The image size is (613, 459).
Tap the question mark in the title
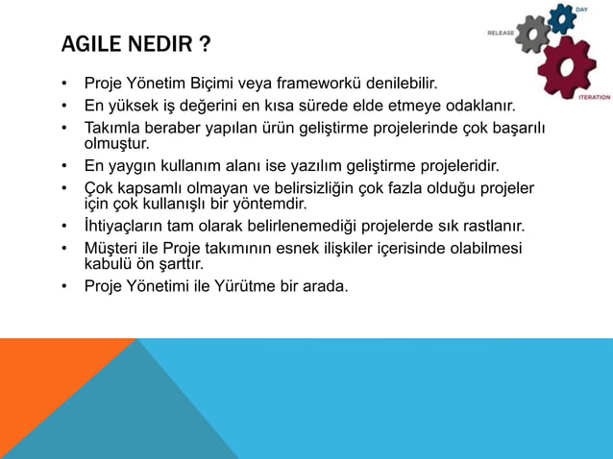pos(207,45)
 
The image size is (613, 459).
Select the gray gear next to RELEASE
pos(532,35)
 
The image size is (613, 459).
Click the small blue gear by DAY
pos(561,17)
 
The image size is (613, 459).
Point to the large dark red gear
pos(567,65)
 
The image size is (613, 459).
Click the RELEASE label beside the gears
pos(501,33)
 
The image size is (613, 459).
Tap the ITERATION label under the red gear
pos(594,97)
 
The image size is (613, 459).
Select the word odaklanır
pos(482,105)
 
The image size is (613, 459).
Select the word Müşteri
pos(112,249)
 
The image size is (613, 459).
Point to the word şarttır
pos(179,264)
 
